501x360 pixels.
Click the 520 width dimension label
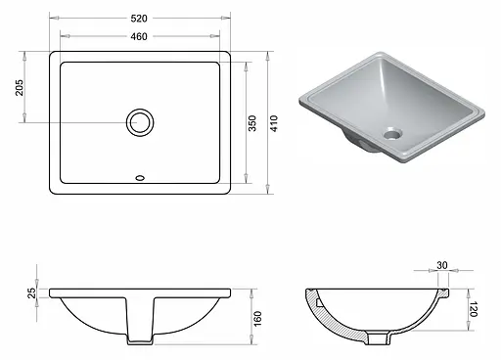click(x=140, y=18)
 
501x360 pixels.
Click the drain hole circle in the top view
click(x=140, y=122)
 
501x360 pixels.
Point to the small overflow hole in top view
click(x=140, y=178)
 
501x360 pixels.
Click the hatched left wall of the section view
click(x=317, y=313)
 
